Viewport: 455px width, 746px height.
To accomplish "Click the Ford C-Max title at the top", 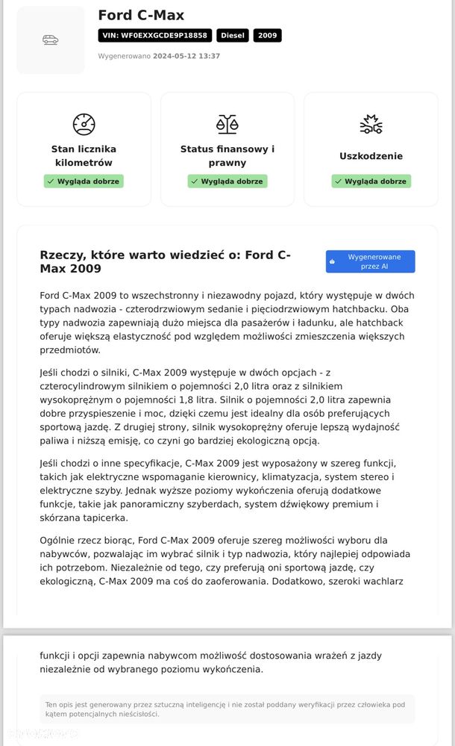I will click(x=141, y=16).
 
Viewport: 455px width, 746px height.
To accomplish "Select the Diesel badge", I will click(x=233, y=35).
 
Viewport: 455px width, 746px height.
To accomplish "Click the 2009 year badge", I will click(x=267, y=35).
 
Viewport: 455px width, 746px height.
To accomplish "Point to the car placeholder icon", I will click(x=51, y=40).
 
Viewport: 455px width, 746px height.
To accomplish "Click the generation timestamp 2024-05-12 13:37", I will click(x=186, y=56).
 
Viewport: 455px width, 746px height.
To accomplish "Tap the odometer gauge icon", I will click(x=84, y=124).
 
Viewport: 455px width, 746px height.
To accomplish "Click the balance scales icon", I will click(x=227, y=124).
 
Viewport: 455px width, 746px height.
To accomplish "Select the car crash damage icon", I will click(x=371, y=124).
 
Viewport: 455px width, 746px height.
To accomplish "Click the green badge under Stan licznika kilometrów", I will click(x=84, y=181).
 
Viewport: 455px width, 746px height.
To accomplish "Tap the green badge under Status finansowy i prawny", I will click(x=227, y=181).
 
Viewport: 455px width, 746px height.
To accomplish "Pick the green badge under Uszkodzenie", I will click(x=371, y=181).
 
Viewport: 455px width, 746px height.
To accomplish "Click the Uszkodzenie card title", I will click(x=371, y=156).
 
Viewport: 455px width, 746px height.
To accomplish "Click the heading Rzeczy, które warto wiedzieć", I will click(x=165, y=261).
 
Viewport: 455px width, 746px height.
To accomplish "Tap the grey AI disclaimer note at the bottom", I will click(x=227, y=709).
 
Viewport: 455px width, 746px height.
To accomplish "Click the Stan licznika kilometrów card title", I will click(x=84, y=155).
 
